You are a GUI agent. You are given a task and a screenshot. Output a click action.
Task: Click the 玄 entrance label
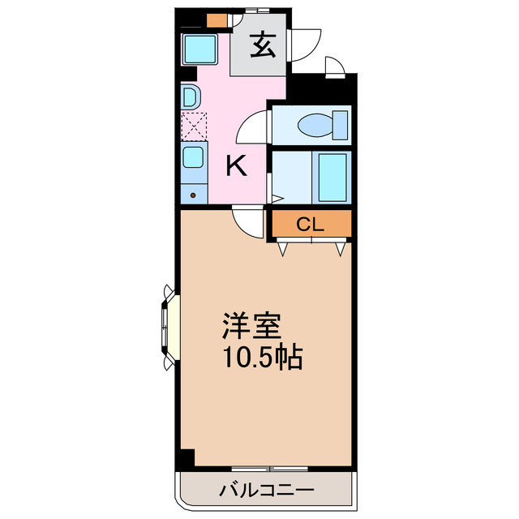[x=261, y=45]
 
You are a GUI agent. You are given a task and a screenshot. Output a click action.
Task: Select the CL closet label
[x=310, y=225]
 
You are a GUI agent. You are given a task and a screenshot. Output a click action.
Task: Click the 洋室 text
[x=252, y=327]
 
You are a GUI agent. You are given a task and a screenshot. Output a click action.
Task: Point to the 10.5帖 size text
[x=262, y=358]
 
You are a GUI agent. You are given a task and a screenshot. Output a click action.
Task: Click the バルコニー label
[x=266, y=490]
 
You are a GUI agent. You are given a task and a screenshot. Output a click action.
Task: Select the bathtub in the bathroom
[x=332, y=177]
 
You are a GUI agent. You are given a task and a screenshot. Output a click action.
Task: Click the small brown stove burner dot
[x=193, y=194]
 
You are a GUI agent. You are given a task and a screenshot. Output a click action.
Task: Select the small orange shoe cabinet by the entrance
[x=217, y=21]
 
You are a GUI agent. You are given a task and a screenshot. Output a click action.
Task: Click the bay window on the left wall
[x=169, y=327]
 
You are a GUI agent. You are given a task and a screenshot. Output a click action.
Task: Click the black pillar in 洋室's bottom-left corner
[x=187, y=458]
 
